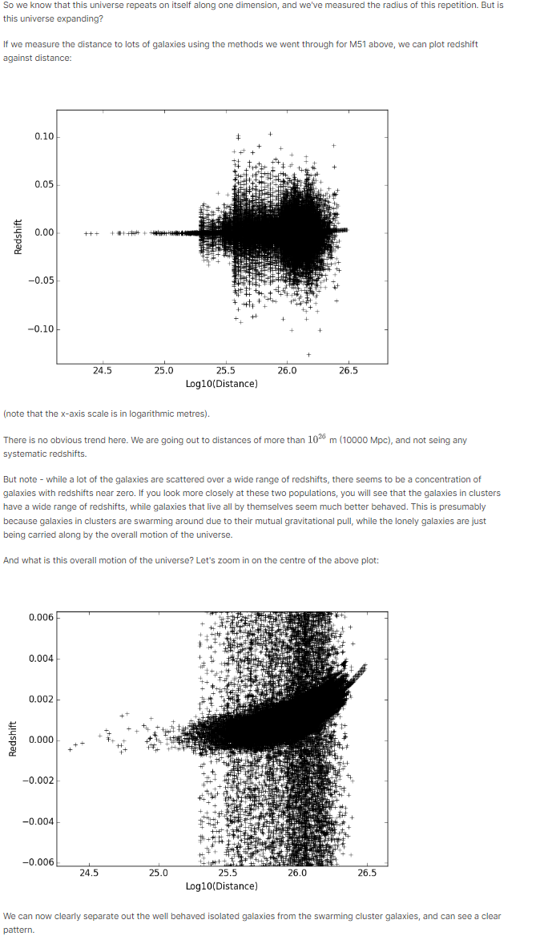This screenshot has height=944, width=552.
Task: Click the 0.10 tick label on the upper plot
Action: (x=44, y=136)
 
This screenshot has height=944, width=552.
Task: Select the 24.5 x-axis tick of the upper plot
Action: (x=102, y=371)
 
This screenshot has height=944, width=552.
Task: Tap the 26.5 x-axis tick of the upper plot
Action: (x=349, y=371)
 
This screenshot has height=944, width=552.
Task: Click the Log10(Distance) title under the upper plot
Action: (x=222, y=384)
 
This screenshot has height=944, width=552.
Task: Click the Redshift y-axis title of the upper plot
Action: (x=18, y=238)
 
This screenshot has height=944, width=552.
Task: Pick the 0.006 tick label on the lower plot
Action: (x=41, y=617)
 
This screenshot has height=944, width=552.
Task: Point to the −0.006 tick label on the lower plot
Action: (x=38, y=862)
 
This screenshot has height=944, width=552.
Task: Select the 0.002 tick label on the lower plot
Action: (x=41, y=700)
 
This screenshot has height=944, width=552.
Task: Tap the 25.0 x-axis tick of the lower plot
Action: (x=159, y=873)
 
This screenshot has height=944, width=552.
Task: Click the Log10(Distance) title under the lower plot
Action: (x=222, y=886)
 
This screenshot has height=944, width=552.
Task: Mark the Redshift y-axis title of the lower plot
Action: (x=12, y=739)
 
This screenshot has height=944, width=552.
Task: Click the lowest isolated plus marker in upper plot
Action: (x=308, y=354)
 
